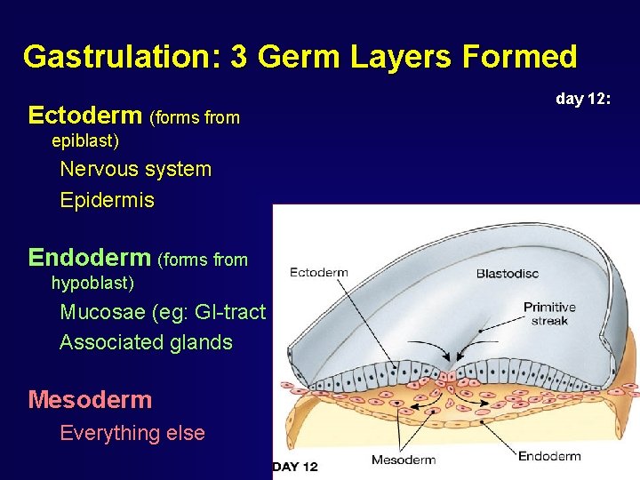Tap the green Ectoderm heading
point(85,116)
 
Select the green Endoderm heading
point(89,258)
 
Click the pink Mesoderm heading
point(90,400)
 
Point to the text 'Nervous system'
point(135,169)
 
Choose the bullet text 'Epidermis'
point(107,201)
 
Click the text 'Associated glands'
point(146,342)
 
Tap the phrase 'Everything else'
point(132,433)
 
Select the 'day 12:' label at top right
point(583,99)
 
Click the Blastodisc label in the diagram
point(507,273)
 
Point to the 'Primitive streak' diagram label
point(549,314)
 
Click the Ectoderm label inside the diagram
point(318,272)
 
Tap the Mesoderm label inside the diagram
point(403,460)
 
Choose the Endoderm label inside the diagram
point(549,456)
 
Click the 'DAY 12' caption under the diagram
point(295,467)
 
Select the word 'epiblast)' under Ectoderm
point(85,141)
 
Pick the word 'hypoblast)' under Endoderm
point(92,284)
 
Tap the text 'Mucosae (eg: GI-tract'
point(163,312)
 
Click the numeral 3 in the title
point(238,57)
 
